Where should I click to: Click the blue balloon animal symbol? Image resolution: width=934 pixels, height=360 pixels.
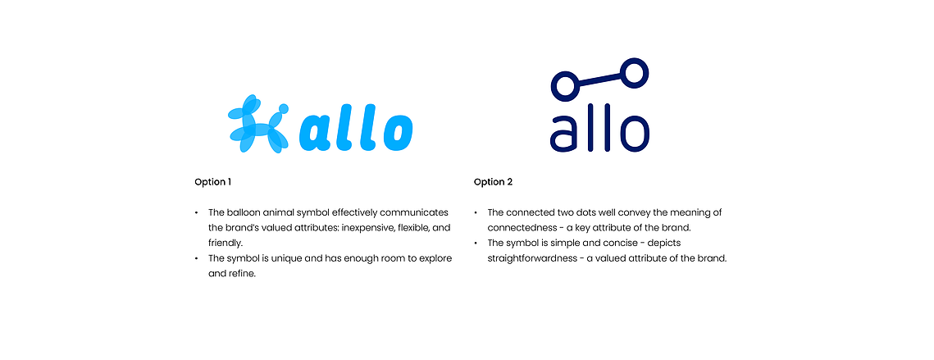point(258,124)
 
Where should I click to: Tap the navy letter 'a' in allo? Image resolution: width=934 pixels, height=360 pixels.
point(565,134)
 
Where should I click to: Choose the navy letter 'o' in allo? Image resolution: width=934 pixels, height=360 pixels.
point(634,134)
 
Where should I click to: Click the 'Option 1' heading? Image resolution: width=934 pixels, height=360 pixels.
point(212,182)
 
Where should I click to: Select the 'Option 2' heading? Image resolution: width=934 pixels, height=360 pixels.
point(493,182)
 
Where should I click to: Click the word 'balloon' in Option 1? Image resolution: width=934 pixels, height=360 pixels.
point(243,212)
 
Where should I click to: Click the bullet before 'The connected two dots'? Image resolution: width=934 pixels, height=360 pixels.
point(476,212)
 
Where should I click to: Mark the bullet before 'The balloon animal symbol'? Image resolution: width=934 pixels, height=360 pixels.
point(197,212)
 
